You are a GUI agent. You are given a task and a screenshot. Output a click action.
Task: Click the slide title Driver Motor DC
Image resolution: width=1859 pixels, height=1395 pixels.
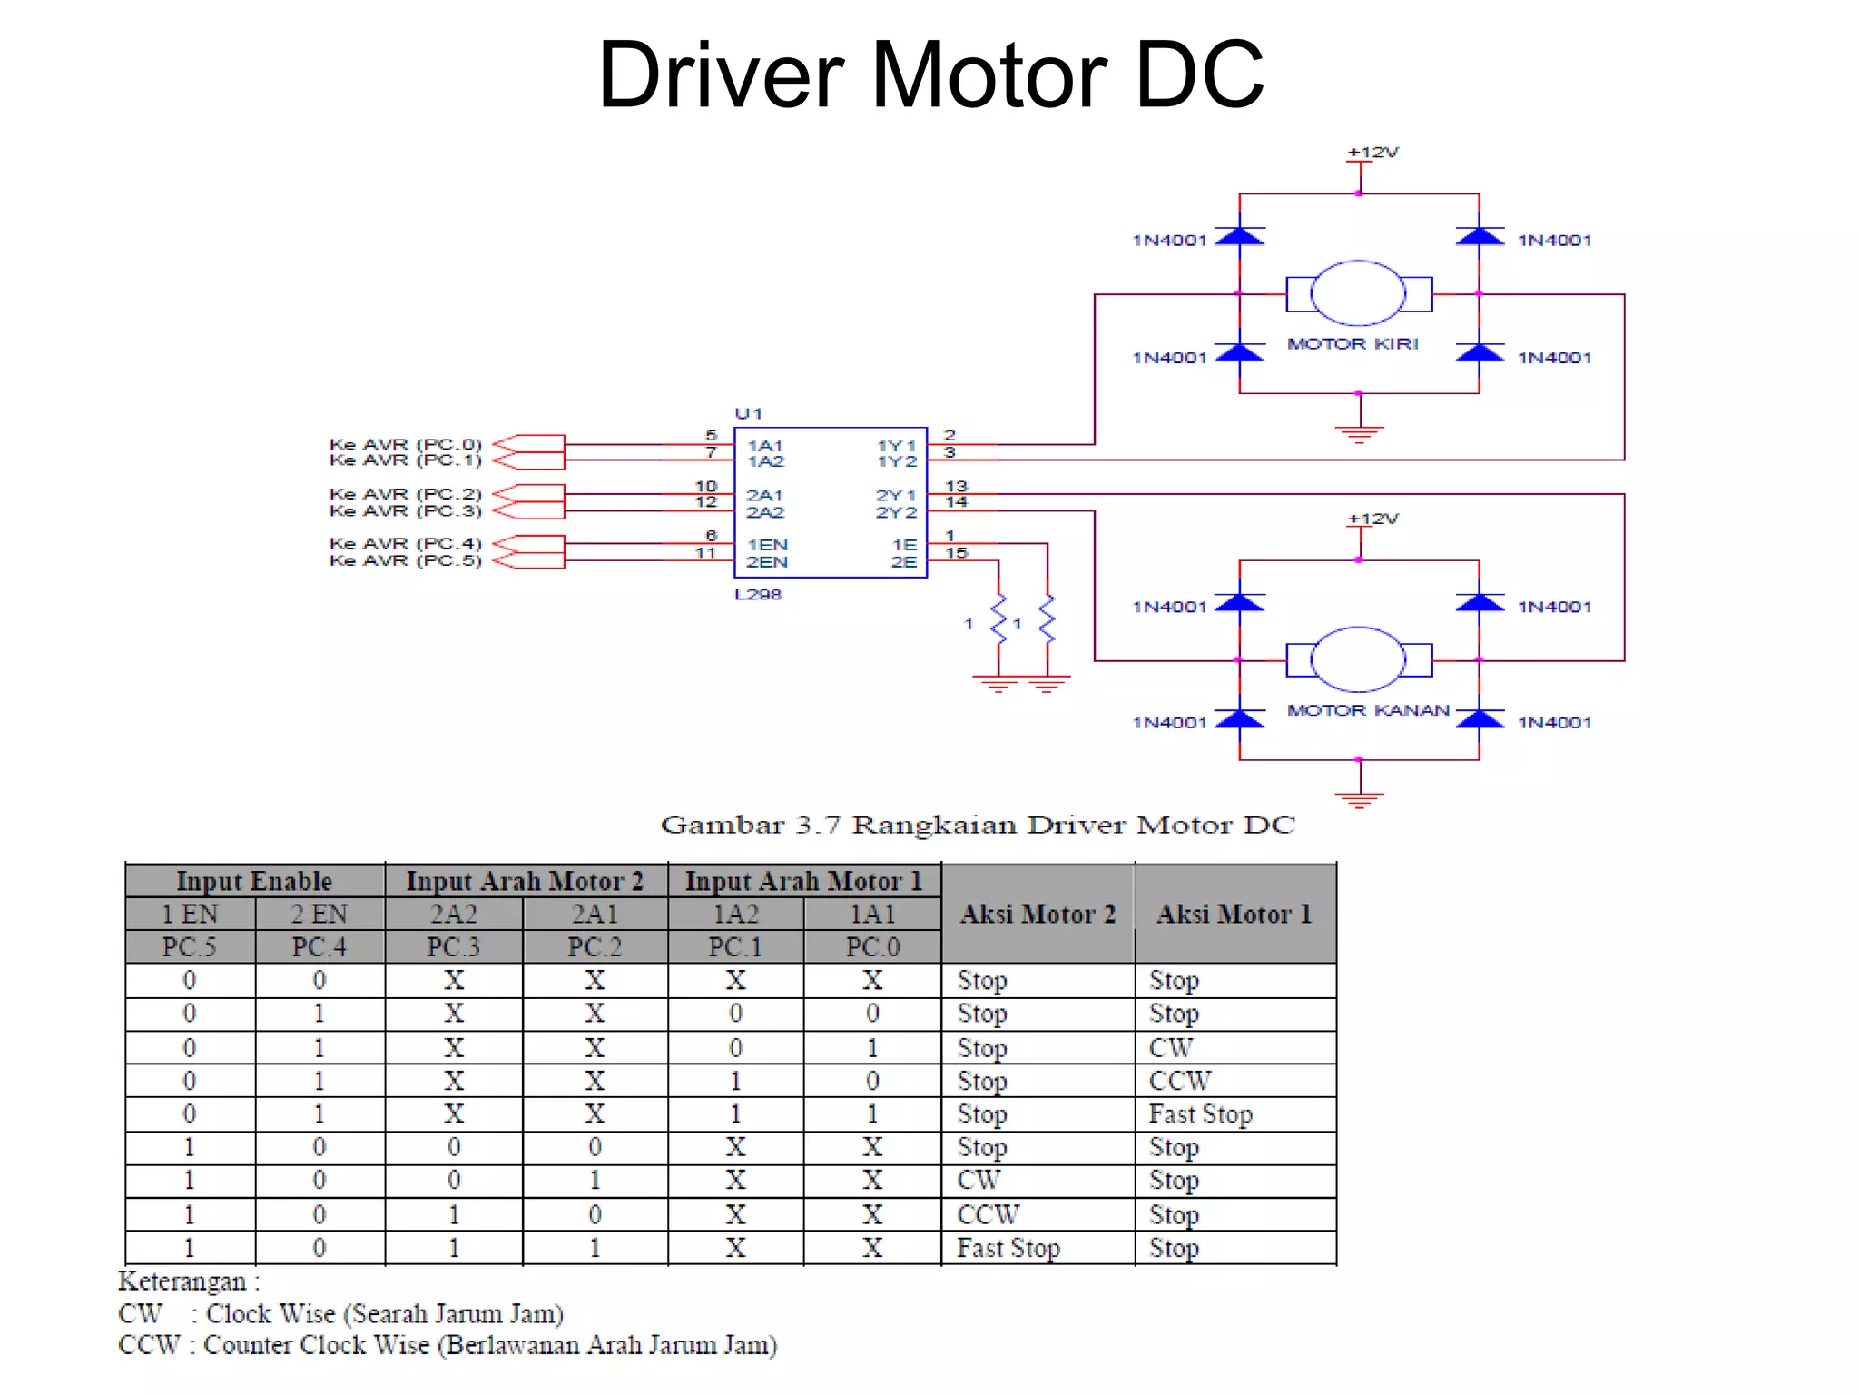pos(930,75)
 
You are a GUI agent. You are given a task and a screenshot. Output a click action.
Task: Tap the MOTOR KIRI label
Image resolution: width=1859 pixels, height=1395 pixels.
pos(1352,344)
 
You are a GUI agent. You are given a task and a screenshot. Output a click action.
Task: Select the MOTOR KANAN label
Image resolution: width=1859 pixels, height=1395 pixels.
pos(1368,710)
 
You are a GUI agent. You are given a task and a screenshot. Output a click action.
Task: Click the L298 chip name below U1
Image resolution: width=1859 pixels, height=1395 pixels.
pos(758,595)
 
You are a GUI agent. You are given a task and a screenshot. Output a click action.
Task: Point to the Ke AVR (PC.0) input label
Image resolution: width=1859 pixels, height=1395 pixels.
pos(405,444)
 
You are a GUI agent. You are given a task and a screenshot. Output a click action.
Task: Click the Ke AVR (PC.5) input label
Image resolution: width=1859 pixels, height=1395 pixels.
pos(405,560)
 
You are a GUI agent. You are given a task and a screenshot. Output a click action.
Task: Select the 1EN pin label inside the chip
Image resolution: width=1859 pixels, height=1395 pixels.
pos(767,545)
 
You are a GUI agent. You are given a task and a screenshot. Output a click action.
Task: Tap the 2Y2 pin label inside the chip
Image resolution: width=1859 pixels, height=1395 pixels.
pos(896,512)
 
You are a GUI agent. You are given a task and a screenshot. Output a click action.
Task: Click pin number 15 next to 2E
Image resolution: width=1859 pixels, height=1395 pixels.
pos(957,553)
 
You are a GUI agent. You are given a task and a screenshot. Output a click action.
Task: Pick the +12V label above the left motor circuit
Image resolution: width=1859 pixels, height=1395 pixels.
pos(1372,153)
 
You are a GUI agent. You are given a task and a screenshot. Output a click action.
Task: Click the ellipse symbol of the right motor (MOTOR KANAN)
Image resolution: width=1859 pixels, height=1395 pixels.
pos(1358,659)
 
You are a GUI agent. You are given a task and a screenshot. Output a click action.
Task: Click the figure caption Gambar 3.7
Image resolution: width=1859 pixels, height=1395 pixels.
pos(977,825)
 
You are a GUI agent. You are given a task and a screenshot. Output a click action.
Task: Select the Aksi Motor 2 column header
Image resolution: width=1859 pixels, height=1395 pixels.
pos(1038,914)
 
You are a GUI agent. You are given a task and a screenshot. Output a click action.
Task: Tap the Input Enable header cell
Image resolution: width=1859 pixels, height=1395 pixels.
pos(254,881)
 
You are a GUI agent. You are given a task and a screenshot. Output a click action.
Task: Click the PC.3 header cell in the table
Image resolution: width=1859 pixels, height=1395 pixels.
pos(453,947)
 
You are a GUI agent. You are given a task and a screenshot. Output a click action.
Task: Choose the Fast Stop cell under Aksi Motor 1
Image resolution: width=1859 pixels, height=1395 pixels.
pos(1200,1114)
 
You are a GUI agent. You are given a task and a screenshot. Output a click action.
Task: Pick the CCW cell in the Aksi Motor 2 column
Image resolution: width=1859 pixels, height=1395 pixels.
pos(988,1214)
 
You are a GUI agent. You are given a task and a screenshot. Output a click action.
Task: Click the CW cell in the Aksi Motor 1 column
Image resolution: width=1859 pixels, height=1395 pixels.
pos(1170,1048)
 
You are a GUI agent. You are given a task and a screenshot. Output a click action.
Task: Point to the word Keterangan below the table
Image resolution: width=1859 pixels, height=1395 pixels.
pos(182,1281)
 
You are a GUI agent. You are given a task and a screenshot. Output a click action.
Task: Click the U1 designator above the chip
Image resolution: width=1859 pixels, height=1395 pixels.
pos(748,414)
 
